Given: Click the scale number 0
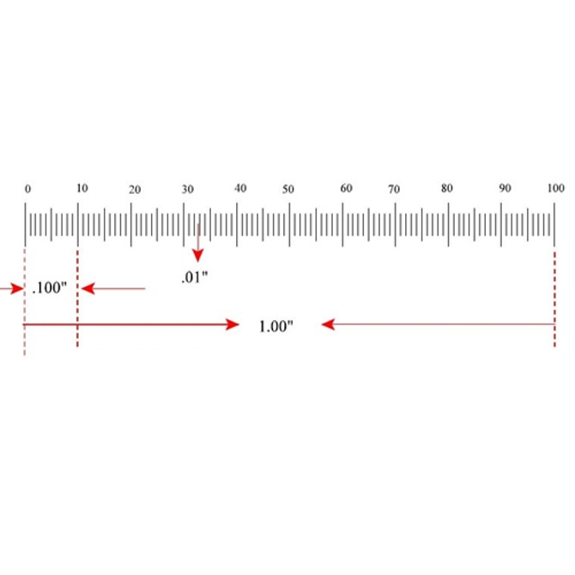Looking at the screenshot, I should (27, 189).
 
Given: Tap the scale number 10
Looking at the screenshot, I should (82, 187).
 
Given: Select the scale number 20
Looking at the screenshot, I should (135, 191).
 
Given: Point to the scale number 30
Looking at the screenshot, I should (188, 188).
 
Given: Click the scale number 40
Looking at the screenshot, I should (241, 188).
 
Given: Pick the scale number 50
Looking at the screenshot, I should (289, 190).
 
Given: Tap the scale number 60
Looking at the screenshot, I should (346, 188).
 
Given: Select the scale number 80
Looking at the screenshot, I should (446, 188).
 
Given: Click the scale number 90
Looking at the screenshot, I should (505, 188).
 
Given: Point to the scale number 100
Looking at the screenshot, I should (556, 188).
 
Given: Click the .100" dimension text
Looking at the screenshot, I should (49, 289).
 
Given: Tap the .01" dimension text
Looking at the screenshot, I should (195, 277).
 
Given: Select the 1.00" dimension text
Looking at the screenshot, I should (276, 326).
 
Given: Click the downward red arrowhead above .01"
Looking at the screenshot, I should (197, 255).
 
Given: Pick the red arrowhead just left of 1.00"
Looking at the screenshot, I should (232, 324).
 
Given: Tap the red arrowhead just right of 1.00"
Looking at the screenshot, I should (328, 324).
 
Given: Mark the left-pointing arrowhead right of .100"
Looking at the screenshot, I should (87, 289).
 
